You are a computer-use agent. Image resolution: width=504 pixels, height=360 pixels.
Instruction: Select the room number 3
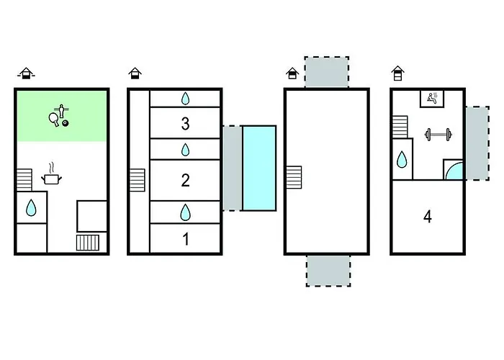click(x=185, y=124)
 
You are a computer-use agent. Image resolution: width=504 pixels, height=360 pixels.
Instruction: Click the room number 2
click(x=185, y=180)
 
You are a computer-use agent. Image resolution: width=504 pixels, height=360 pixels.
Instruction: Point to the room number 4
click(x=428, y=216)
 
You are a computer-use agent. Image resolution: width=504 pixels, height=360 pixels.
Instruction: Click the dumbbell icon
click(x=437, y=134)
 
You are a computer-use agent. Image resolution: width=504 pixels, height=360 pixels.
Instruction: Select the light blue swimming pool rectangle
click(x=258, y=168)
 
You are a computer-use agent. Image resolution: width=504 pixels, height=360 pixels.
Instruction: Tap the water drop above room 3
click(x=185, y=98)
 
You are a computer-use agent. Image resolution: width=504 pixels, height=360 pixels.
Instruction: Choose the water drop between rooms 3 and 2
click(x=185, y=150)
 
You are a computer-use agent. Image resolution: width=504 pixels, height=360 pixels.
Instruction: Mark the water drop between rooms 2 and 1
click(x=185, y=212)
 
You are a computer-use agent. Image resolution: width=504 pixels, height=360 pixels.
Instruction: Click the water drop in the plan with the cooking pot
click(x=31, y=208)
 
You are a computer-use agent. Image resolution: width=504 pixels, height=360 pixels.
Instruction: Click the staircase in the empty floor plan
click(x=293, y=176)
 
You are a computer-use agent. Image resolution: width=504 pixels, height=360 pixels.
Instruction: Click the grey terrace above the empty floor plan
click(x=327, y=73)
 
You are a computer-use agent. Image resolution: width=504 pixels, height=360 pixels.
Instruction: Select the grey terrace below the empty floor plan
click(x=328, y=270)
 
